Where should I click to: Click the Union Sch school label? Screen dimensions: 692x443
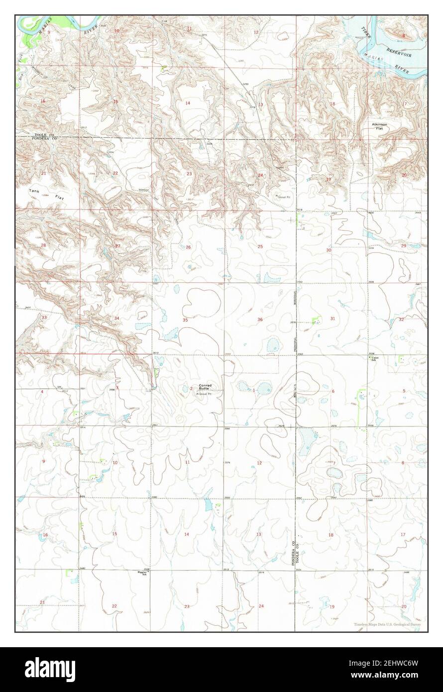tap(375, 358)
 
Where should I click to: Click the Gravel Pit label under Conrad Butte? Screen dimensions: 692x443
tap(208, 394)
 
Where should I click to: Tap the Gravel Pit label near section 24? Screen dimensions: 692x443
tap(285, 197)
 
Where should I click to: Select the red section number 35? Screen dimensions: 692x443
tap(185, 320)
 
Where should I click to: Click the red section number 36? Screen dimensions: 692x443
tap(260, 319)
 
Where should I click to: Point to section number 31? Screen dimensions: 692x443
tap(332, 319)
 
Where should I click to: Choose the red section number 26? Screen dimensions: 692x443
tap(188, 247)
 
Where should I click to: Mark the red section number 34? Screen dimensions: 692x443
tap(116, 318)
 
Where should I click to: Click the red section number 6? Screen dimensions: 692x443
tap(333, 391)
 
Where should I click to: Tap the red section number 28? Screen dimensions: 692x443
tap(43, 245)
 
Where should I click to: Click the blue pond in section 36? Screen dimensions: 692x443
tap(272, 344)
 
